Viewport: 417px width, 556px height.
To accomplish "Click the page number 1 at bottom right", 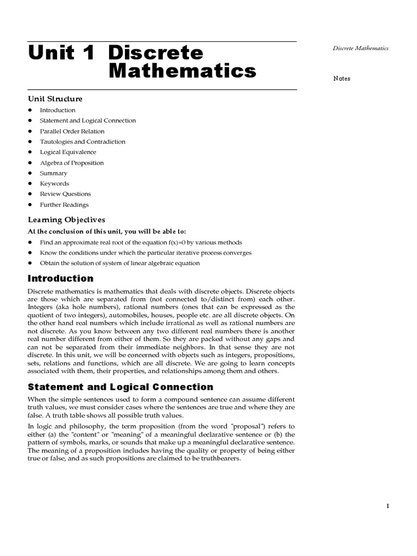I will pos(388,506).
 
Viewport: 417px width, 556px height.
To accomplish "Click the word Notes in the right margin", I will pos(342,79).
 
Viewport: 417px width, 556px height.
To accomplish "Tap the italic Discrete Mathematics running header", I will pos(361,48).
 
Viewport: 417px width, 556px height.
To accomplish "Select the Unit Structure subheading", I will pos(55,99).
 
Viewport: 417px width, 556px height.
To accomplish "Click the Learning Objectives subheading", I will pos(66,220).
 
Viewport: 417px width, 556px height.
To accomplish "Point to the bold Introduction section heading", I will pos(60,279).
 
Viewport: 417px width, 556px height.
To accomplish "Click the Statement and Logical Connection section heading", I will pos(120,387).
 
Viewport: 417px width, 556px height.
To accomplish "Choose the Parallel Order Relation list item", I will pos(72,131).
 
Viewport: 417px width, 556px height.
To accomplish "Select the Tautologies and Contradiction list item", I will pos(83,142).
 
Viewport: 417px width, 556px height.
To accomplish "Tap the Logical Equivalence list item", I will pos(68,152).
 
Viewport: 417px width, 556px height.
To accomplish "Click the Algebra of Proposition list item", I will pos(72,163).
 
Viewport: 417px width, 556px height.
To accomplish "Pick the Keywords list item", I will pos(54,184).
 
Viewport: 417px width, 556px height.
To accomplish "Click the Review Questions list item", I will pos(65,194).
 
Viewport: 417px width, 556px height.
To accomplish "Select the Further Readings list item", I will pos(64,205).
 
